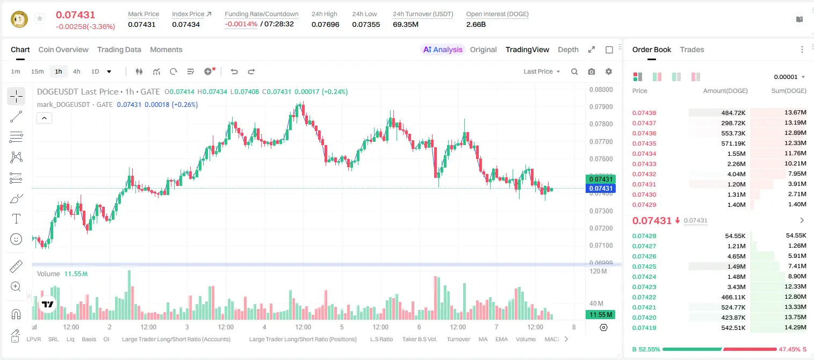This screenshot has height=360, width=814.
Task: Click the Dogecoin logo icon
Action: pos(19,19)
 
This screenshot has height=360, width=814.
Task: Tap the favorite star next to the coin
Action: pos(40,18)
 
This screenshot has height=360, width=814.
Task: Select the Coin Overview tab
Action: pos(63,49)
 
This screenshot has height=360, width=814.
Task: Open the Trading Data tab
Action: pos(119,49)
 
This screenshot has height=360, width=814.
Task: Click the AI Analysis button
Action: pos(443,49)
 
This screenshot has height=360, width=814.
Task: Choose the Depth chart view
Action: pos(568,49)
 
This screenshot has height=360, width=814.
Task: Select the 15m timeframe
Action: pos(38,71)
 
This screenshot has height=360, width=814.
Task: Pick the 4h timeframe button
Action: pos(76,71)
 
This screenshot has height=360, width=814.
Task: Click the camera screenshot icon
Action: pos(592,71)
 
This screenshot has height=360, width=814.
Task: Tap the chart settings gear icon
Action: pos(609,71)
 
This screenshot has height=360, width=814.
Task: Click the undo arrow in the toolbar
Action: pos(234,71)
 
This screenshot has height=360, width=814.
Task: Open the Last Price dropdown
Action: pos(542,71)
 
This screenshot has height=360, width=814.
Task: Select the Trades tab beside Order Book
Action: pos(692,49)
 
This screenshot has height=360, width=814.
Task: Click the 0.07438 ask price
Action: pos(644,113)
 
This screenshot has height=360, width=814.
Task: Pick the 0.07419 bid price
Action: pos(644,328)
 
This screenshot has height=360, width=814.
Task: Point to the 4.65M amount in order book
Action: pos(736,256)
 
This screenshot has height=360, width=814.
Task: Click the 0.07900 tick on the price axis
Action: pos(601,107)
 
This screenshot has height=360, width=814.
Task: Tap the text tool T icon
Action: pos(16,219)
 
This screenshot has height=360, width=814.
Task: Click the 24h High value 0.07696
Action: pos(325,24)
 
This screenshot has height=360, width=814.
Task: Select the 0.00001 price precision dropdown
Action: pos(789,77)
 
